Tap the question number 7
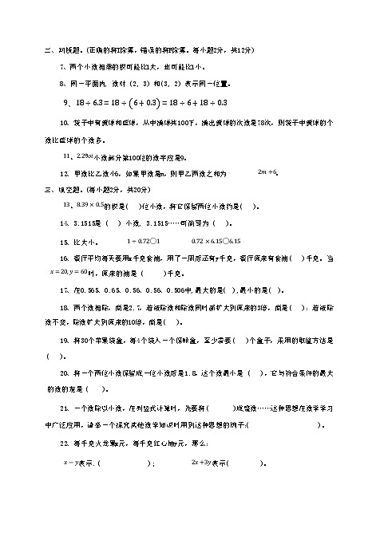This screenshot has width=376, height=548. point(63,67)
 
